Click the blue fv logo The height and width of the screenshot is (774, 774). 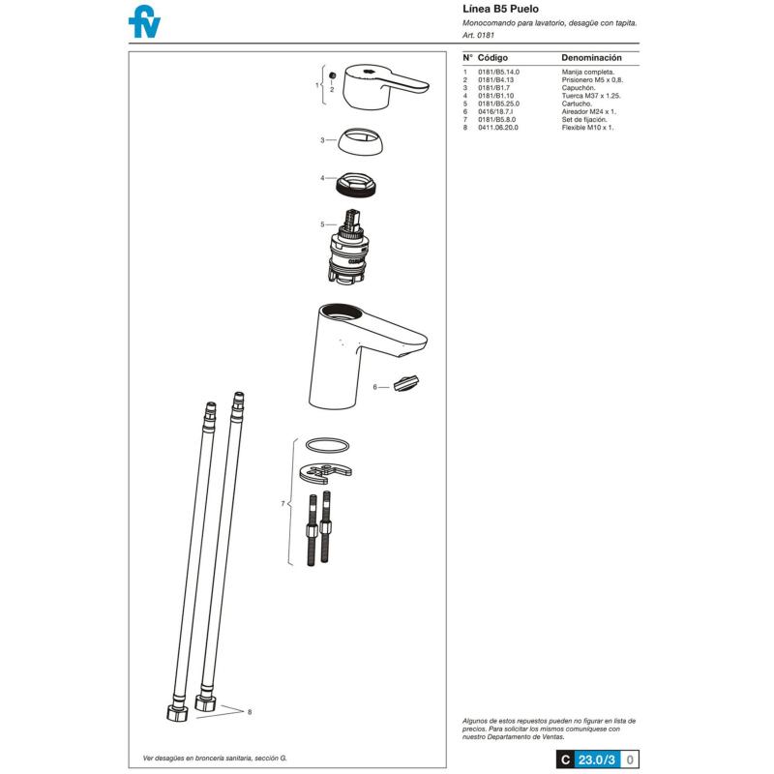point(144,21)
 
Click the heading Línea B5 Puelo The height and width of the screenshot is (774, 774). point(500,9)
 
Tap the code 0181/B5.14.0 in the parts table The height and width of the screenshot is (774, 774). point(498,72)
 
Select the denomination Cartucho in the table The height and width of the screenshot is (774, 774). point(577,104)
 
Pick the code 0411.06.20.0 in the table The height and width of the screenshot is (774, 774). point(498,128)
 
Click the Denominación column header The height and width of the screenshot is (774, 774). point(591,58)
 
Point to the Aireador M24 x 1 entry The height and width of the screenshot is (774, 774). point(589,111)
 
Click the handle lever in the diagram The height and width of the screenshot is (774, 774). point(386,86)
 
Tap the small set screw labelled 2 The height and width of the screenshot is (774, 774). point(332,75)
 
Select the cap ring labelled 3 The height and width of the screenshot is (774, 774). point(360,141)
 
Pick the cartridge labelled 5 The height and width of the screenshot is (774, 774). point(347,246)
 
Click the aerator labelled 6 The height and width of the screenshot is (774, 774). point(406,383)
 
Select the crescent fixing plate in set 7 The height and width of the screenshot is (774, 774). point(326,473)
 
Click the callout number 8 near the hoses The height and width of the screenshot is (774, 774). point(250,712)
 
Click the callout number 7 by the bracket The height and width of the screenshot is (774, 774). point(283,503)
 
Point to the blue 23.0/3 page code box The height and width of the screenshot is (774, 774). point(597,759)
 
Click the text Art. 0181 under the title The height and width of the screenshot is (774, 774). point(478,35)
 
